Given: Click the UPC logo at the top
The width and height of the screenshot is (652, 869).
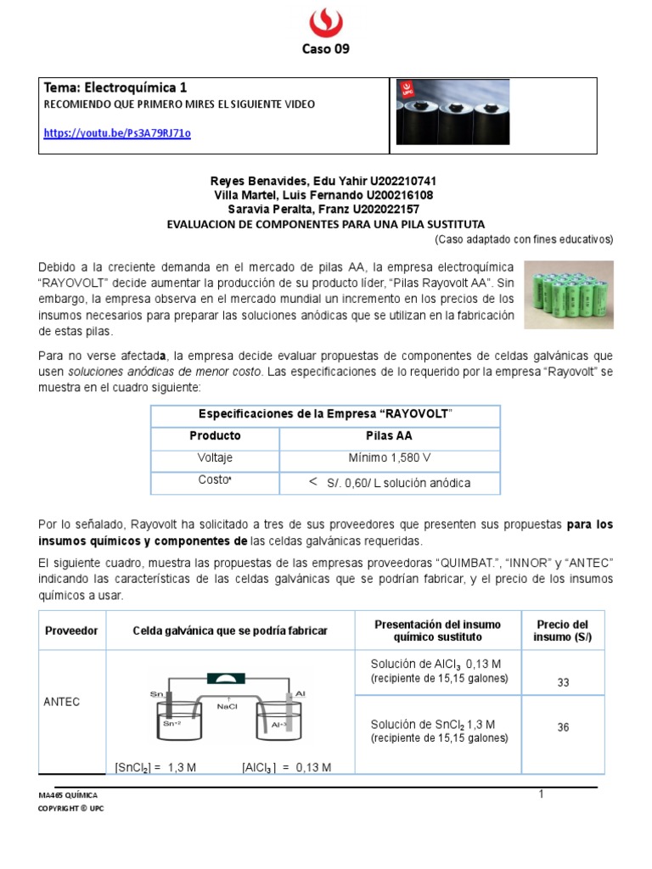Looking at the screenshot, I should point(325,20).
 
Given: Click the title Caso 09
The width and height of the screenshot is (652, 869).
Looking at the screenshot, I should point(326,48).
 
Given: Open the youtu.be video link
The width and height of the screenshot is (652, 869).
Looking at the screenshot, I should point(116,133).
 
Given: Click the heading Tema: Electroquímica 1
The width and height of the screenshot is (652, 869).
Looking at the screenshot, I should point(115,87).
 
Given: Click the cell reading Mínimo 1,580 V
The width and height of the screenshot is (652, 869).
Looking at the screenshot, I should point(390,457).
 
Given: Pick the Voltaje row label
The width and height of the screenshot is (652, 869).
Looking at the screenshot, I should point(215,457).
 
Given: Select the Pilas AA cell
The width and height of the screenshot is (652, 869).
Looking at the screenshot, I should point(390,435).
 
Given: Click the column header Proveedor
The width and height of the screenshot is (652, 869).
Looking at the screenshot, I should point(73,631).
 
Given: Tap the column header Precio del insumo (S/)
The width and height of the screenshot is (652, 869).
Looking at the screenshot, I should point(562,631).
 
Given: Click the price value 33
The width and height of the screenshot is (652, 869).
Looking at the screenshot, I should point(562,682).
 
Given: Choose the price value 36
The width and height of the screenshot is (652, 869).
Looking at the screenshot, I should point(562,727).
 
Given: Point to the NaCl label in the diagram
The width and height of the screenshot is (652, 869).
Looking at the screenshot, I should point(228,705).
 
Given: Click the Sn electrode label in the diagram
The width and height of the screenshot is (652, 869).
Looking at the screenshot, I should point(156,694).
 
